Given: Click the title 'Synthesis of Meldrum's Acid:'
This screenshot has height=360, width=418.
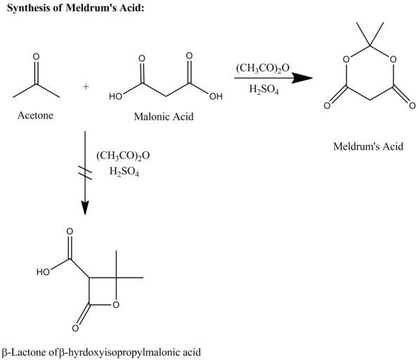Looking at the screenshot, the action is (75, 8).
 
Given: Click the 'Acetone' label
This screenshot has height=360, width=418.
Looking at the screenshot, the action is (35, 115).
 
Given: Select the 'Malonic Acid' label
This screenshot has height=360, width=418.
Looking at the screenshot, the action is (164, 117).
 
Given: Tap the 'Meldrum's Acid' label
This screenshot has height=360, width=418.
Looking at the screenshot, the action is (368, 146).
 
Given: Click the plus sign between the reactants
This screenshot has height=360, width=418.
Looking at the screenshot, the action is (86, 86).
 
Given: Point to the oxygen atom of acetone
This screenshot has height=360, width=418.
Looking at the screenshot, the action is (36, 56).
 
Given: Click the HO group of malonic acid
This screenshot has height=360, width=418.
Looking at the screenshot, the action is (115, 96).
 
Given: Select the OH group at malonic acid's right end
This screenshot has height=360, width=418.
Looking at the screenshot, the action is (216, 96).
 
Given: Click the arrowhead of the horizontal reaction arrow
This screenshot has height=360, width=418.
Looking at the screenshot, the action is (303, 78).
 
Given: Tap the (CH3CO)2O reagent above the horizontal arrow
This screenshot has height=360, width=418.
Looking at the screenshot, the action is (263, 68).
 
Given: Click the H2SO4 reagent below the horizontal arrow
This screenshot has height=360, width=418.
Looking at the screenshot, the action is (264, 89).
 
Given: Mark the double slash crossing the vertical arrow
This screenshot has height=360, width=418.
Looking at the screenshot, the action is (85, 172).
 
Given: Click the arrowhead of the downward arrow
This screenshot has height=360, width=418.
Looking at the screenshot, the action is (85, 207).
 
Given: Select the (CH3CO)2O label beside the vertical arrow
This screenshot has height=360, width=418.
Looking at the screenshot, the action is (123, 155).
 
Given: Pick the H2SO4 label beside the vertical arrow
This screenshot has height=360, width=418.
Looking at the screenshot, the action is (124, 171).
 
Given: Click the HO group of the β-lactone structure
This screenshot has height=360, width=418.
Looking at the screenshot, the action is (43, 272).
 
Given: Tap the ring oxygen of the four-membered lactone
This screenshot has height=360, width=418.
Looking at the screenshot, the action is (116, 304).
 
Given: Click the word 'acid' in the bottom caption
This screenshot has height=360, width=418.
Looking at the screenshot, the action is (191, 352).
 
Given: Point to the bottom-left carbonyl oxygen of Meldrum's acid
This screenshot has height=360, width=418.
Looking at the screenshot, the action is (327, 105).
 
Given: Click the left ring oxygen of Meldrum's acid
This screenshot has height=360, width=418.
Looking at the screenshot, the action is (346, 59).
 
